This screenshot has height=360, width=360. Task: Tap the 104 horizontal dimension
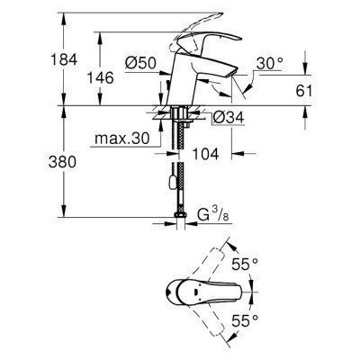point(209,156)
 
